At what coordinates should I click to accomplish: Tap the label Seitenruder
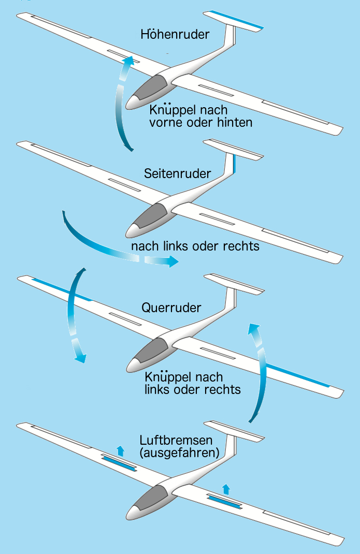(178, 173)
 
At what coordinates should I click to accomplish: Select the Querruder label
(171, 308)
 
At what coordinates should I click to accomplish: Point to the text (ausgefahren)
(180, 453)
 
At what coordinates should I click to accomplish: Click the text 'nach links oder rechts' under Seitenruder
(195, 245)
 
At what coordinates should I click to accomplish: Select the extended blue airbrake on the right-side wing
(225, 501)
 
